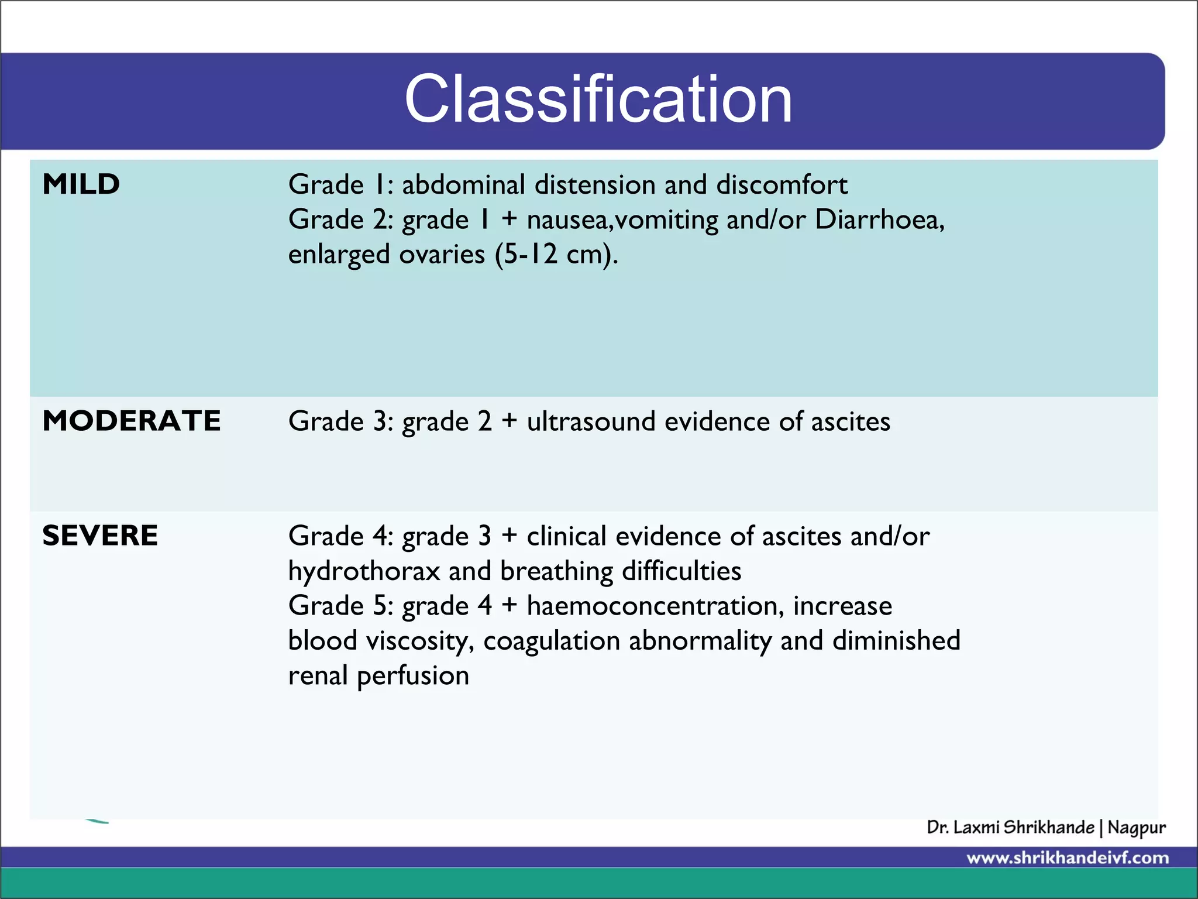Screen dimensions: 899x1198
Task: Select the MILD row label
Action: [81, 184]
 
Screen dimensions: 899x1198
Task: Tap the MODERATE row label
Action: [132, 421]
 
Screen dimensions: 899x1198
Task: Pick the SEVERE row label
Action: [100, 536]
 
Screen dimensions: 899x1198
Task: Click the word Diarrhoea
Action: [879, 219]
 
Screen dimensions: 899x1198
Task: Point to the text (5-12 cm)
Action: [556, 255]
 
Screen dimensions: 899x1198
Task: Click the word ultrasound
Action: [591, 421]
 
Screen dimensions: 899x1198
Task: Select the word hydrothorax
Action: [364, 571]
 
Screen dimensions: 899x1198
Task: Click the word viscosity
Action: [419, 641]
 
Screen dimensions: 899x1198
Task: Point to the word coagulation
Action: [551, 641]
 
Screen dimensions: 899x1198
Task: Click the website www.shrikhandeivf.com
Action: [1068, 858]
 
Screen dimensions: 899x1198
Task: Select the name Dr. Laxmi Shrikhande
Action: [1010, 828]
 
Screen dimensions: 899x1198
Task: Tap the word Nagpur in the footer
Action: [1137, 828]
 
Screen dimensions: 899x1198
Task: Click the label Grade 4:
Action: [340, 536]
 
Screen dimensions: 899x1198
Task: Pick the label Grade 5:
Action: [340, 606]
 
